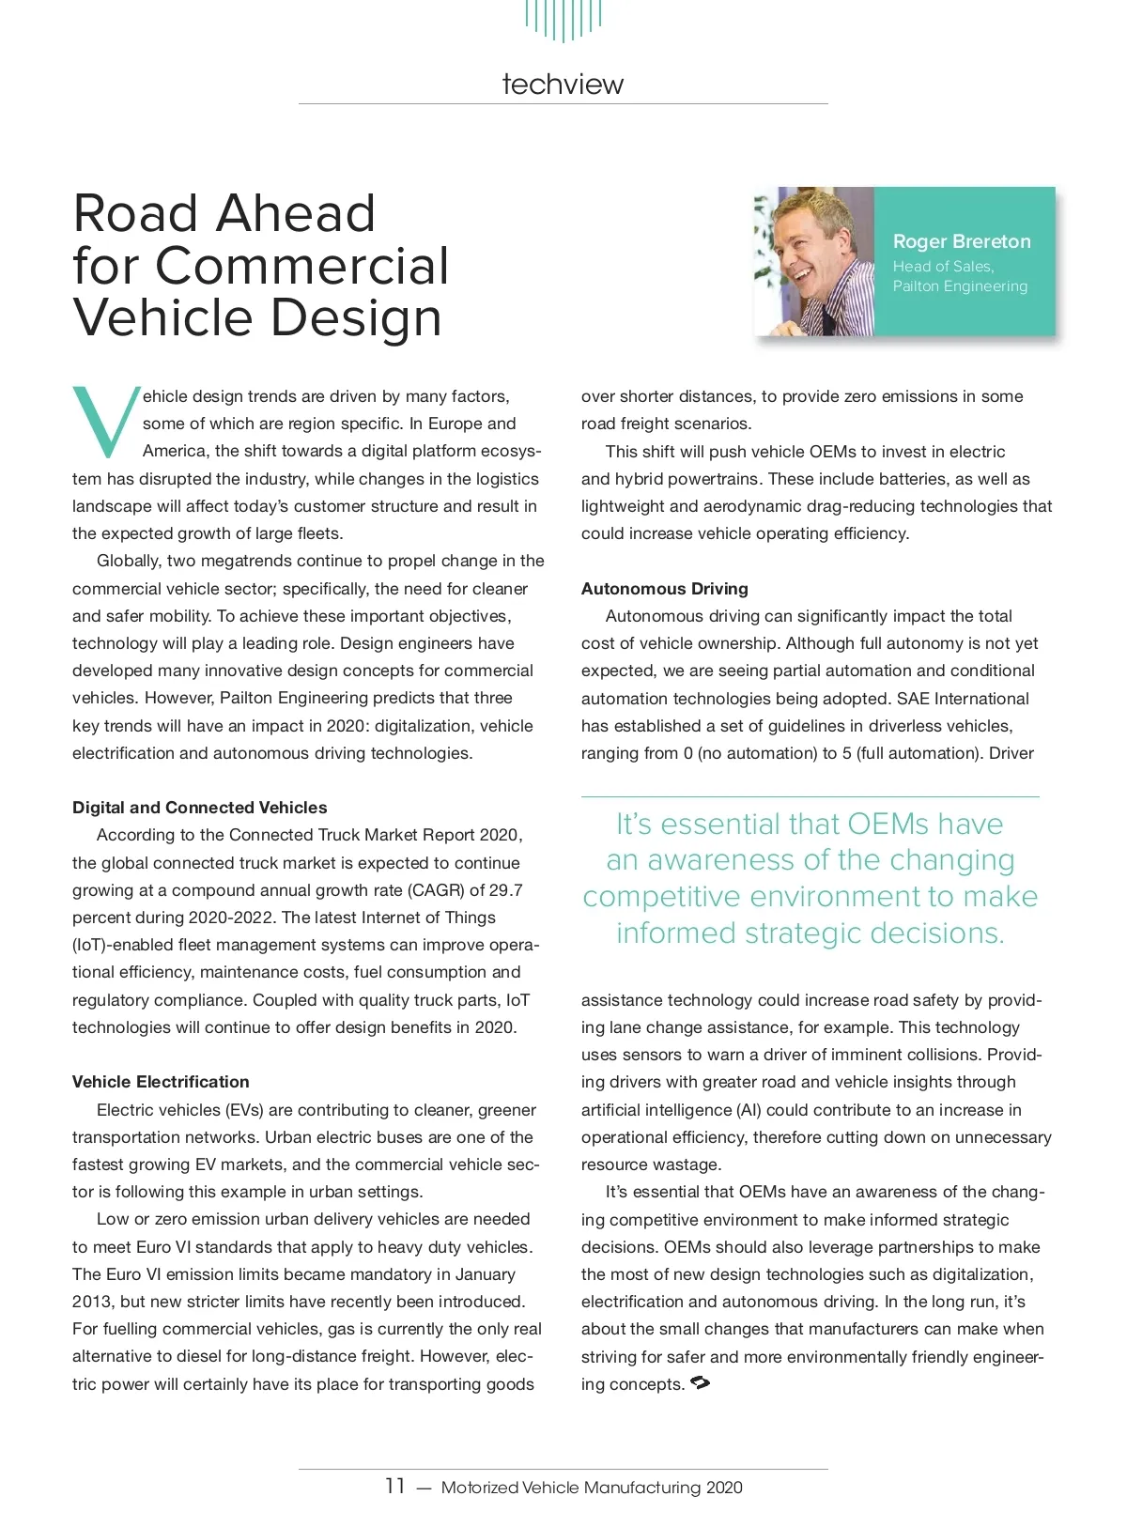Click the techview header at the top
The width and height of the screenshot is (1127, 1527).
[x=563, y=85]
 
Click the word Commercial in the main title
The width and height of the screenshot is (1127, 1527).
[x=302, y=266]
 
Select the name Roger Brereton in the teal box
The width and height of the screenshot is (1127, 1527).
[x=962, y=241]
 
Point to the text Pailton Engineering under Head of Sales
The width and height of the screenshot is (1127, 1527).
[x=960, y=286]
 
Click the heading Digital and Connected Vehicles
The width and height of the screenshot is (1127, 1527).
[x=199, y=808]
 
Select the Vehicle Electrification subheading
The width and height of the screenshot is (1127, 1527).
[x=161, y=1082]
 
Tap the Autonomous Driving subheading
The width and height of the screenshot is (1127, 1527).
[x=665, y=589]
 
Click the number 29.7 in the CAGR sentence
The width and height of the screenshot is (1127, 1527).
[x=506, y=890]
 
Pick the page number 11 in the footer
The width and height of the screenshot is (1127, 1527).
[x=395, y=1486]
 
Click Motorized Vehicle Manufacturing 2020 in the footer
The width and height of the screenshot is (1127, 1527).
[x=592, y=1488]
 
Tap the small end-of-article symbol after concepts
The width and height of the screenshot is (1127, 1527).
[x=700, y=1382]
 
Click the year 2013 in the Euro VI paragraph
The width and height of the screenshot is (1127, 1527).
[x=92, y=1302]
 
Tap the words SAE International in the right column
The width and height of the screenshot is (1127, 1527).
[x=963, y=699]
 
